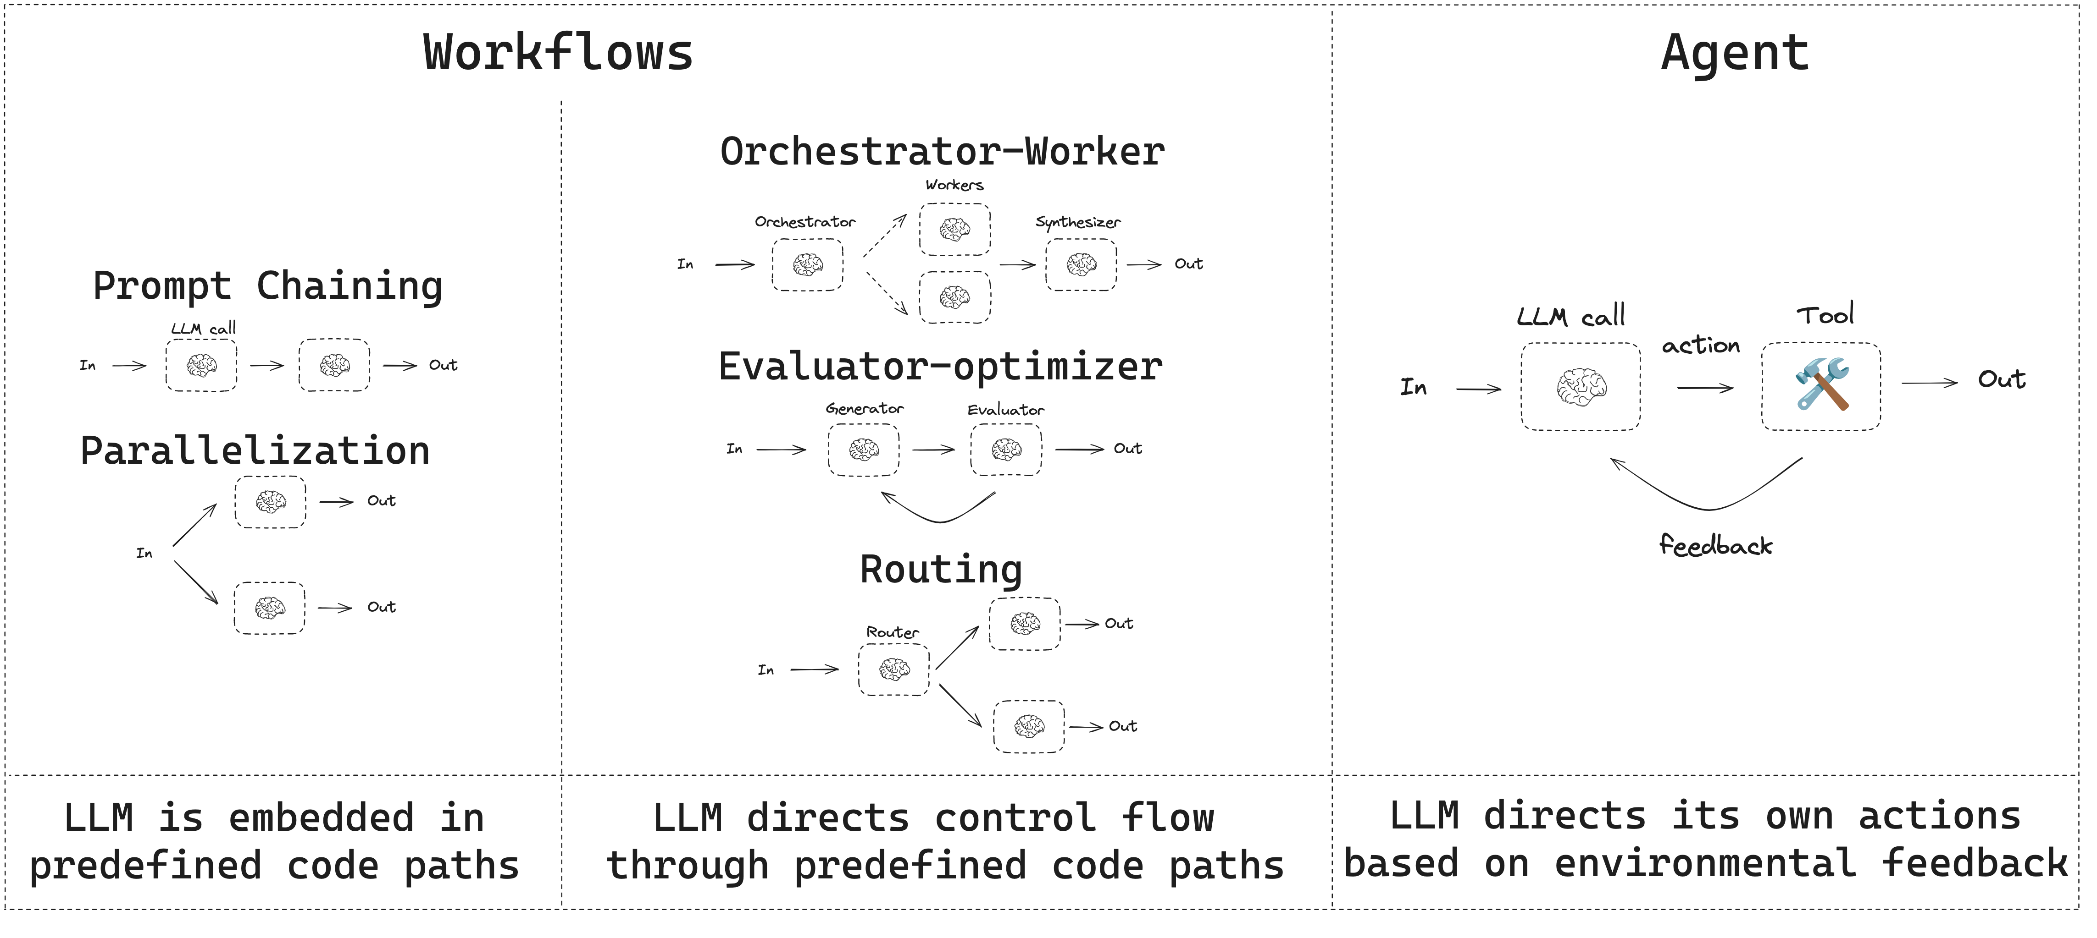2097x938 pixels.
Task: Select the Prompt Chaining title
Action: pyautogui.click(x=268, y=286)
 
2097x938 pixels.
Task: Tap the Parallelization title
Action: pyautogui.click(x=255, y=451)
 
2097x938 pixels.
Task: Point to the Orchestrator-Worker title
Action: pyautogui.click(x=942, y=152)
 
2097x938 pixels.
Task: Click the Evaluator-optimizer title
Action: pyautogui.click(x=940, y=367)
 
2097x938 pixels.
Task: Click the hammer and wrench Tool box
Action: pyautogui.click(x=1820, y=386)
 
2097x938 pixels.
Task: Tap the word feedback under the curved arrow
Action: pyautogui.click(x=1715, y=545)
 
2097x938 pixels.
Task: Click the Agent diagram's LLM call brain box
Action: pyautogui.click(x=1580, y=386)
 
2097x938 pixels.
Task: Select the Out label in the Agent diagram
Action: pyautogui.click(x=2001, y=379)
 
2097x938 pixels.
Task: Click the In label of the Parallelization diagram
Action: pyautogui.click(x=144, y=553)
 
